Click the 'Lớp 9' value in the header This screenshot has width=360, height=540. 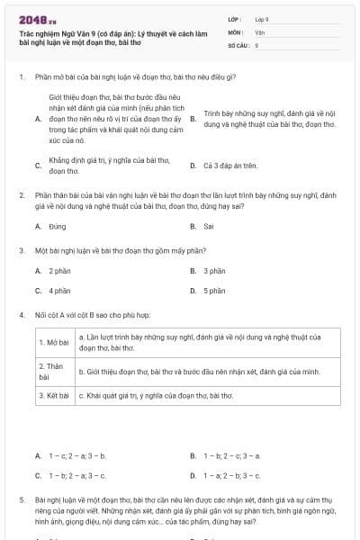click(262, 18)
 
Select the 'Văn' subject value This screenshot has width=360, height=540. click(259, 31)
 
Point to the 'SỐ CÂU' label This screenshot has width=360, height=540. click(237, 44)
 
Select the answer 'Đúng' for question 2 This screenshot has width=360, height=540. click(58, 226)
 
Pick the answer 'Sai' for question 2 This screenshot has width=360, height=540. click(208, 226)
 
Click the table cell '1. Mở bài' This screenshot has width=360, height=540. click(54, 343)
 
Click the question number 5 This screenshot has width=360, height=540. click(21, 498)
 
